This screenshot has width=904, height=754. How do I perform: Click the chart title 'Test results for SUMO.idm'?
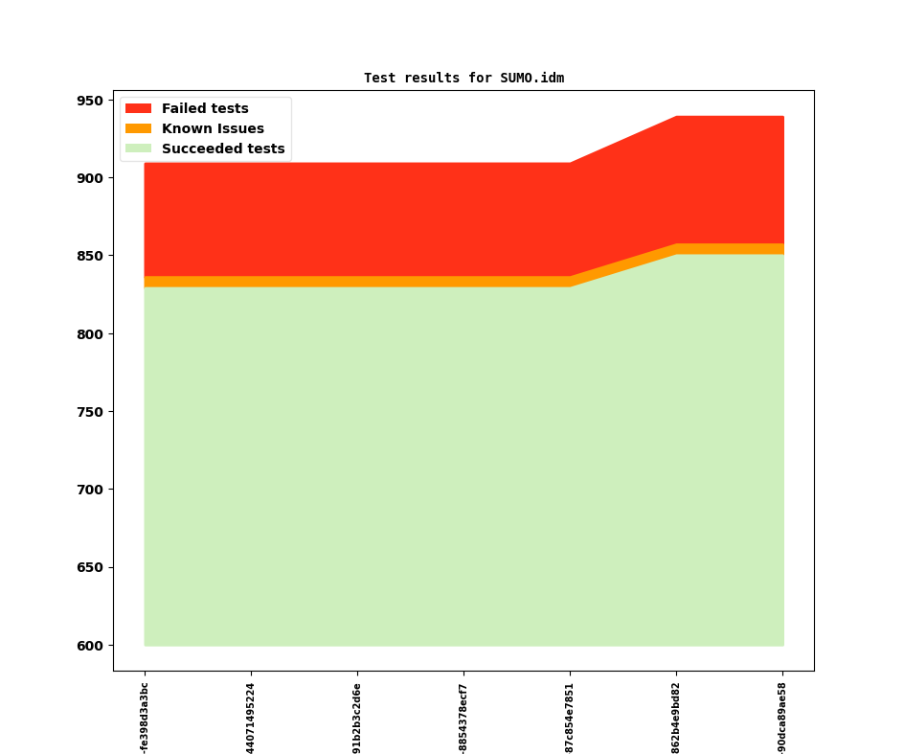(463, 78)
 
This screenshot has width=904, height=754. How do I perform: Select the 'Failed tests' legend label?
(205, 108)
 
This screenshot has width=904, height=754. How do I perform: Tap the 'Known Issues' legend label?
(213, 128)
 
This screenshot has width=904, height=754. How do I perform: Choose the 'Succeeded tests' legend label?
(223, 149)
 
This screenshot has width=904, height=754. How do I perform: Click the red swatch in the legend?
(138, 108)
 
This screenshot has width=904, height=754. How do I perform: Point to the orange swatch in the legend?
(138, 128)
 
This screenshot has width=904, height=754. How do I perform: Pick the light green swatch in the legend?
(138, 149)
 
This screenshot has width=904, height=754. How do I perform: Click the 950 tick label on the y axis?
(89, 101)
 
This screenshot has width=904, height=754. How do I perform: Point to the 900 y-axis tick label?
(89, 178)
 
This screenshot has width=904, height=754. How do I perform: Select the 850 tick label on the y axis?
(89, 256)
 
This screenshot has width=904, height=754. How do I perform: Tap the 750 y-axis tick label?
(89, 412)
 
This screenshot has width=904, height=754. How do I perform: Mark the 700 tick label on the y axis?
(89, 490)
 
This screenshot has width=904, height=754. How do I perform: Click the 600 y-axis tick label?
(89, 646)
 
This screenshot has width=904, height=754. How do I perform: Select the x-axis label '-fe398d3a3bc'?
(145, 718)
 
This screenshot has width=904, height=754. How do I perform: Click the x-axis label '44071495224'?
(251, 718)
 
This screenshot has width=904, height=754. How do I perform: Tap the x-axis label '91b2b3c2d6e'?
(357, 718)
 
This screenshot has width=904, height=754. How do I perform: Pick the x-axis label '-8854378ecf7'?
(463, 718)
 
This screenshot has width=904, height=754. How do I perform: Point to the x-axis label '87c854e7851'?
(570, 718)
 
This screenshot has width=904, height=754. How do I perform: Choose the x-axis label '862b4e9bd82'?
(676, 718)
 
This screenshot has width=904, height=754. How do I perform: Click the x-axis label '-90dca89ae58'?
(782, 718)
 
